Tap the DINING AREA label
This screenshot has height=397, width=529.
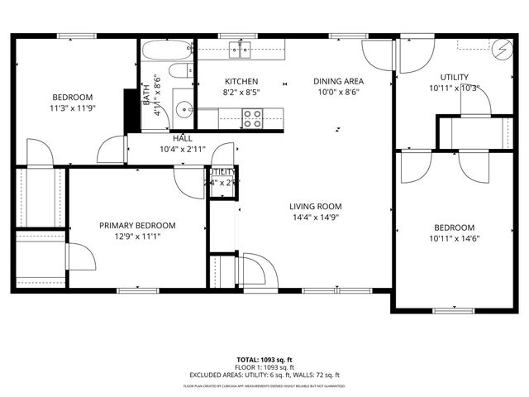click(338, 81)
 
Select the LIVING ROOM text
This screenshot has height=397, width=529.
click(315, 207)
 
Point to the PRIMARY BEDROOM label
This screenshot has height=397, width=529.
click(137, 225)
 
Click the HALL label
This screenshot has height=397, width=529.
click(183, 139)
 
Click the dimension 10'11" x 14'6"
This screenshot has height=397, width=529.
click(455, 238)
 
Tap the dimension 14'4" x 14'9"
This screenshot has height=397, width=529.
click(315, 218)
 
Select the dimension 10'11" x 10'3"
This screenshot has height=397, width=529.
click(454, 88)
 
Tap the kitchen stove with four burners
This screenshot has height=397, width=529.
click(252, 119)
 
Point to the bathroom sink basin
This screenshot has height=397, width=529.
click(183, 108)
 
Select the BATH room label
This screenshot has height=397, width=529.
click(146, 91)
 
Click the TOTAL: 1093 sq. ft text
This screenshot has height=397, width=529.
click(265, 361)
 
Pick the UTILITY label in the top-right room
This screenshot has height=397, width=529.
click(454, 78)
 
